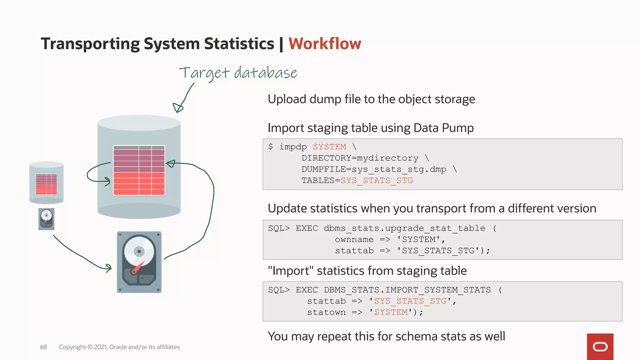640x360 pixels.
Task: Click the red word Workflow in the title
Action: click(325, 43)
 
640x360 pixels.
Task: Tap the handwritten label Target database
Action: click(238, 73)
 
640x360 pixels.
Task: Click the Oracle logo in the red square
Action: click(600, 347)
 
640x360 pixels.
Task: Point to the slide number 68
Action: click(43, 347)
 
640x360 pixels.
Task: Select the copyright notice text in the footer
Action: click(119, 347)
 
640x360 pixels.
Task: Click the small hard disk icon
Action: click(46, 219)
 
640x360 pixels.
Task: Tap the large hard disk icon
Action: click(139, 262)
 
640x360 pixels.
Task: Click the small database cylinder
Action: click(47, 183)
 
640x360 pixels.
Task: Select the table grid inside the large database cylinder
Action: click(139, 170)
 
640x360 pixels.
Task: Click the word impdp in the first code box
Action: click(293, 147)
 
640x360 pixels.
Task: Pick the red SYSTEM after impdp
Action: click(329, 147)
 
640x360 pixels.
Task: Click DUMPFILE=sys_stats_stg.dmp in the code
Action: click(374, 169)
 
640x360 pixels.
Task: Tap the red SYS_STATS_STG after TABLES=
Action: click(377, 181)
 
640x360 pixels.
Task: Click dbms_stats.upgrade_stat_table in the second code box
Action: click(404, 228)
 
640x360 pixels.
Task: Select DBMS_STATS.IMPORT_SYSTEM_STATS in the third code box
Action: click(407, 290)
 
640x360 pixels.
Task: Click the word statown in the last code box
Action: click(326, 312)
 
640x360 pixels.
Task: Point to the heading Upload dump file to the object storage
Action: click(371, 99)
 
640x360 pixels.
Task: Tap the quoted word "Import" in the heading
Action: click(291, 271)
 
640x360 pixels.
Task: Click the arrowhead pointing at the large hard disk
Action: click(108, 268)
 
